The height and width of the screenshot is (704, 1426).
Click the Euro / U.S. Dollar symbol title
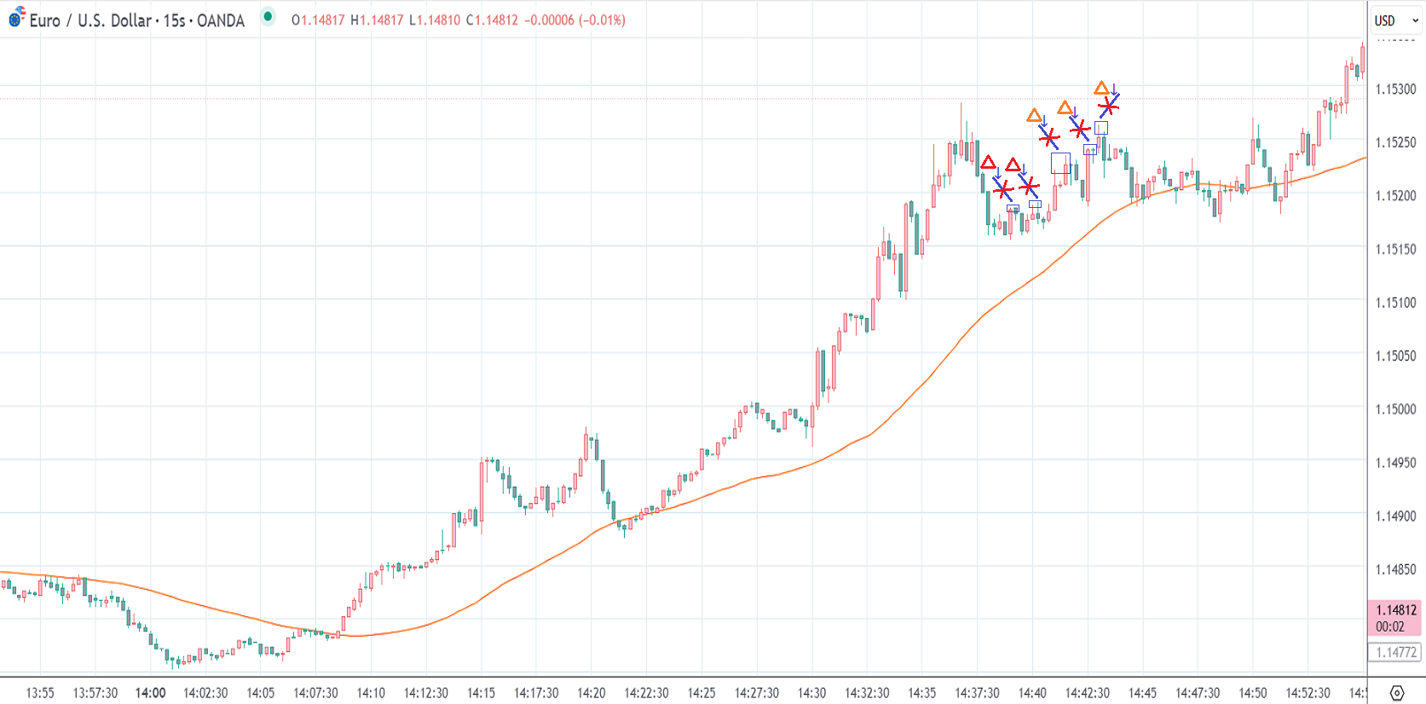pos(136,20)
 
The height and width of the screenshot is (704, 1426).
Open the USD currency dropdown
pos(1395,20)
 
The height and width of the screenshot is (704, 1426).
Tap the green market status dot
pos(268,17)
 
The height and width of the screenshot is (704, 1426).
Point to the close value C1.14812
pos(492,20)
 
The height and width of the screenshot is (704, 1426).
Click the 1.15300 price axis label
pos(1395,89)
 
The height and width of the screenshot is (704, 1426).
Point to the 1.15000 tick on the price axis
pos(1395,409)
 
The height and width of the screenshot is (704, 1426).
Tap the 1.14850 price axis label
pos(1395,569)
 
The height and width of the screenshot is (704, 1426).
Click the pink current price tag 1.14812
pos(1395,610)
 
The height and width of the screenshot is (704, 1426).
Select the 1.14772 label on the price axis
pos(1395,653)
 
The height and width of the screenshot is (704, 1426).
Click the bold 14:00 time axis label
pos(150,693)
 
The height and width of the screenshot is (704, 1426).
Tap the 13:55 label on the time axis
pos(40,693)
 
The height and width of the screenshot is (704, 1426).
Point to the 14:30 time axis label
pos(811,693)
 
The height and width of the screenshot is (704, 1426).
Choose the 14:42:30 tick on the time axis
pos(1087,693)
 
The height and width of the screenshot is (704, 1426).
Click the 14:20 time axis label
pos(591,693)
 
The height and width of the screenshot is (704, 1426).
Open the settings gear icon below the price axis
pos(1396,692)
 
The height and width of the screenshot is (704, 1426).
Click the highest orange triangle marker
pos(1101,88)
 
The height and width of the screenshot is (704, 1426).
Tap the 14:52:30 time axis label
pos(1308,693)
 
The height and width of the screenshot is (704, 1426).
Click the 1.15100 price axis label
pos(1395,303)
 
